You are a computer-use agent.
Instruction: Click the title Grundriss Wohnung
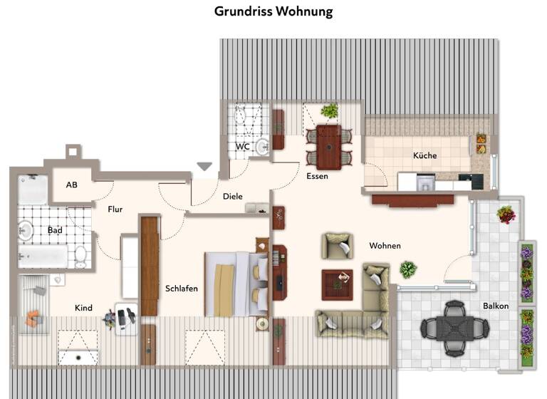[x=273, y=12]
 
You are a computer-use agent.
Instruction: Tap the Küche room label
[x=424, y=155]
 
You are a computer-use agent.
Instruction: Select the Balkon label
[x=495, y=306]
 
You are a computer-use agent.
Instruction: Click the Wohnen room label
[x=385, y=246]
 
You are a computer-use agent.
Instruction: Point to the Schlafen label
[x=182, y=289]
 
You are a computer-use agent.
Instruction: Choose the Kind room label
[x=83, y=308]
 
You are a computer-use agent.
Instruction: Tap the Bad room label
[x=55, y=230]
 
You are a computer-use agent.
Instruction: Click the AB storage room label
[x=71, y=185]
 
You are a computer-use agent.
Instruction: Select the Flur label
[x=116, y=209]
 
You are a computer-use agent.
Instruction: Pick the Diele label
[x=232, y=197]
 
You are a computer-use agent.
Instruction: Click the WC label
[x=243, y=147]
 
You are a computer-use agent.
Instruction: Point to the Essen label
[x=317, y=176]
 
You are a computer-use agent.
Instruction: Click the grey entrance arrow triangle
[x=204, y=167]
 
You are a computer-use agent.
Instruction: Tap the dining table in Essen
[x=328, y=145]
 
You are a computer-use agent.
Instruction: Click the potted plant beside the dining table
[x=330, y=110]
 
